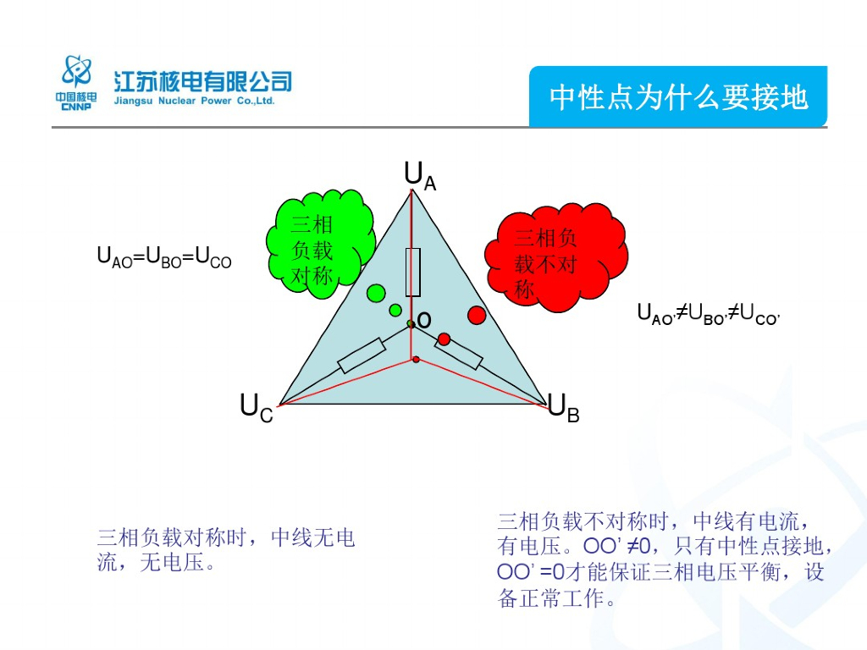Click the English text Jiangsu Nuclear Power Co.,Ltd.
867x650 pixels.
[x=195, y=101]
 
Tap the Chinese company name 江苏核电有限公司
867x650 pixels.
[x=203, y=81]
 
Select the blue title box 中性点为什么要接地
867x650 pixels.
[x=678, y=97]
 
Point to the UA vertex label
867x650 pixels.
[x=420, y=175]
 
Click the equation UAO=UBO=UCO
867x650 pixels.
[x=164, y=256]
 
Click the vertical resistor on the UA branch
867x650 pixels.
[x=413, y=272]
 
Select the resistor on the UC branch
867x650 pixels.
[x=362, y=355]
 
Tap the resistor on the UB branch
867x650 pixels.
[x=459, y=352]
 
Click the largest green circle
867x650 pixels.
[x=376, y=294]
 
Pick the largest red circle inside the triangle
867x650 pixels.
[x=477, y=315]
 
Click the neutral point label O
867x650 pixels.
[x=425, y=320]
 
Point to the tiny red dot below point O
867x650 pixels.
[x=416, y=361]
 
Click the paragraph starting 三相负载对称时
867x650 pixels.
[x=226, y=549]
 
